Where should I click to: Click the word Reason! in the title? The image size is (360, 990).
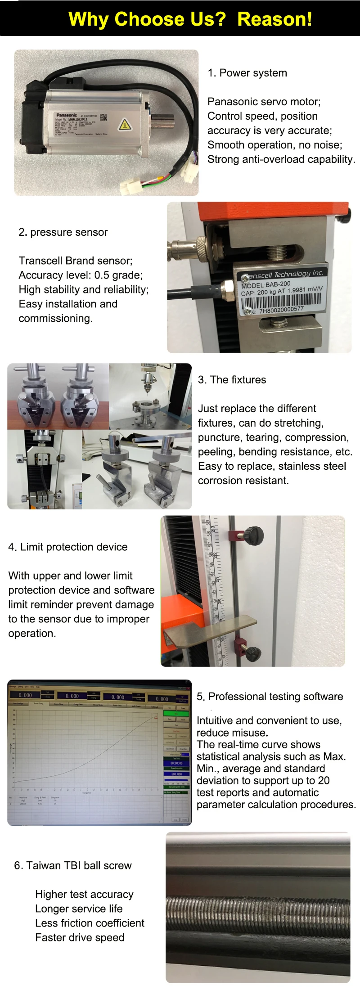(274, 19)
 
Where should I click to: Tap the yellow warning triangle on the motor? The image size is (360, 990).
(125, 124)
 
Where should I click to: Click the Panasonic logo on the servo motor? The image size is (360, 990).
(67, 115)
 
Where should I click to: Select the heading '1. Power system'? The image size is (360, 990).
(247, 73)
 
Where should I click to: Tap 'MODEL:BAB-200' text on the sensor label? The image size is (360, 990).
(266, 284)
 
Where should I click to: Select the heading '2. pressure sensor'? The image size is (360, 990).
(63, 232)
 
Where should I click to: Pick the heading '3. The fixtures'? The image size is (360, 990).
(232, 380)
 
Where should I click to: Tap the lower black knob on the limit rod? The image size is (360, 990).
(252, 652)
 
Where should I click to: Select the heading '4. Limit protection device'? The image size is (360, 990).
(68, 547)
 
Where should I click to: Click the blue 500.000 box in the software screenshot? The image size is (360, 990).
(176, 774)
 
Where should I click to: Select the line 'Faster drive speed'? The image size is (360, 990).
(80, 937)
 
